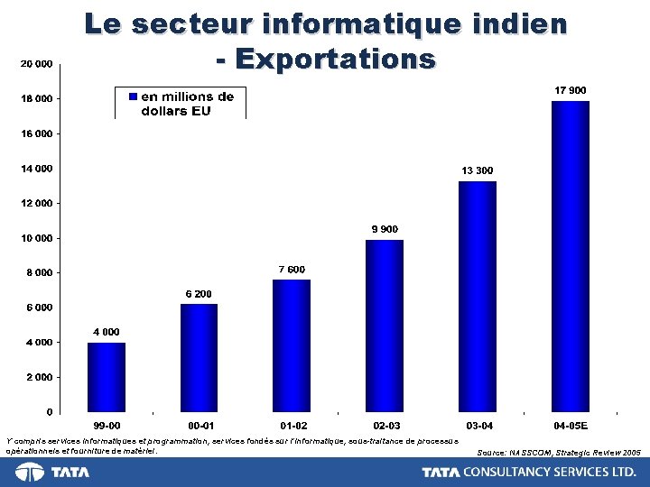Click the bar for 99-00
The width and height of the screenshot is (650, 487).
[x=107, y=377]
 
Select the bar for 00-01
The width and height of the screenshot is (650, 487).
[x=199, y=357]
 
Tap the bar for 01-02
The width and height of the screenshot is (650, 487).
[x=292, y=345]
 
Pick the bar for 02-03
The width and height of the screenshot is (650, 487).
[x=385, y=326]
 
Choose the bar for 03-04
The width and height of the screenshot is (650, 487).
[x=478, y=296]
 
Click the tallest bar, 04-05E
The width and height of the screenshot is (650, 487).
[x=571, y=256]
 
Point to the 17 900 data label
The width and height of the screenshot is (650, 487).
[x=570, y=91]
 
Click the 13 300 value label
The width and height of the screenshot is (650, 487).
[x=478, y=170]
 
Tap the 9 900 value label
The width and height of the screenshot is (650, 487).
[x=385, y=229]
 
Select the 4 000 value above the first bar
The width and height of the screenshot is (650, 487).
[x=107, y=332]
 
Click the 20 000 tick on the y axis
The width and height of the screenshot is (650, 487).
[x=36, y=64]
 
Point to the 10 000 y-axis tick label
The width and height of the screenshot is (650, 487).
[x=36, y=238]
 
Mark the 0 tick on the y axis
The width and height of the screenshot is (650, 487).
[x=48, y=412]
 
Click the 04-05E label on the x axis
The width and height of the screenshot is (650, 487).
[x=571, y=425]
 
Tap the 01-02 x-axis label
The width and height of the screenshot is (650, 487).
[x=293, y=425]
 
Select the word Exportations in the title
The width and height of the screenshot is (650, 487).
[x=335, y=60]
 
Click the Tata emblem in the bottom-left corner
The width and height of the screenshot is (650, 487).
[x=30, y=473]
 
